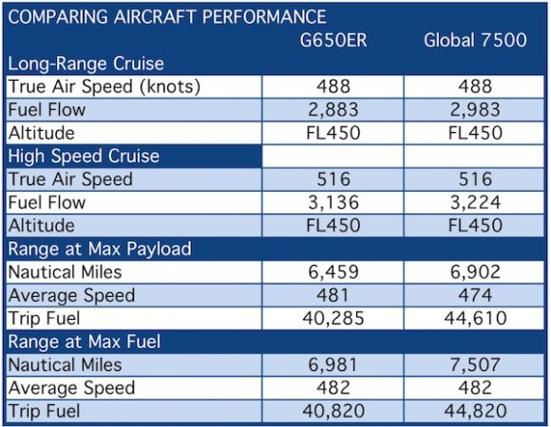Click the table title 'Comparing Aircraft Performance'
pos(167,17)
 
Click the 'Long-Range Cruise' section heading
pos(86,65)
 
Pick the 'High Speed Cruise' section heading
pos(83,156)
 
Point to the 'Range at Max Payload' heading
pos(100,250)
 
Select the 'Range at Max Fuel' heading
pos(85,342)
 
